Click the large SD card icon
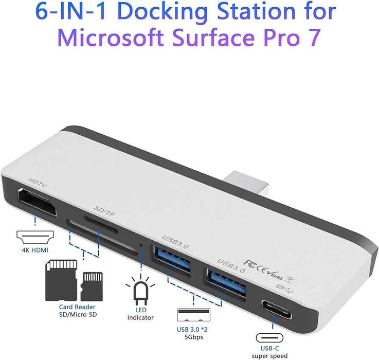pos(61,280)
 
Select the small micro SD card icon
pos(93,286)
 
